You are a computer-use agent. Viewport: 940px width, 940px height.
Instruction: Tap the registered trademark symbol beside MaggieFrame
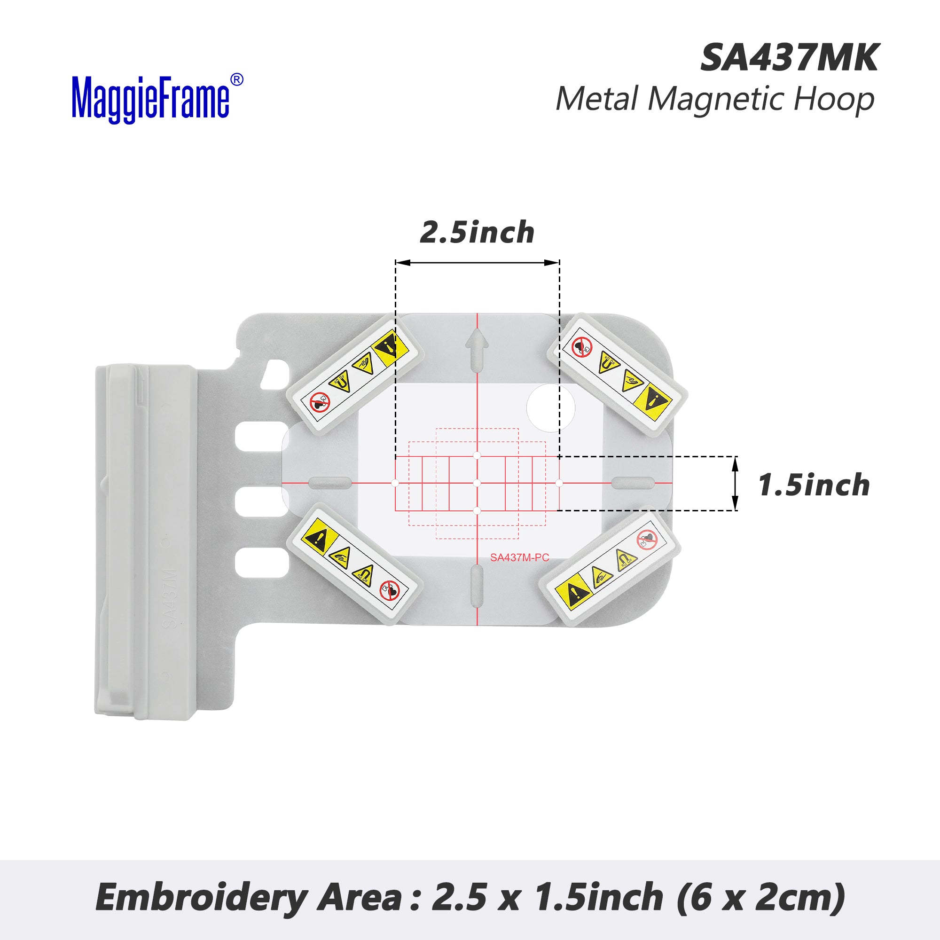[x=236, y=80]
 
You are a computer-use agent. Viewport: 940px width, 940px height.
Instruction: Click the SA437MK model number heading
[x=789, y=58]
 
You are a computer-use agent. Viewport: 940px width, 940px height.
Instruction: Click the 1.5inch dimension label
[x=814, y=485]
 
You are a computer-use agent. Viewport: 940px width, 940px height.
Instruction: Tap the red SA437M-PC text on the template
[x=520, y=557]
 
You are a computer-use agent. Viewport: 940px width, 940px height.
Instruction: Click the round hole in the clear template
[x=551, y=407]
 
